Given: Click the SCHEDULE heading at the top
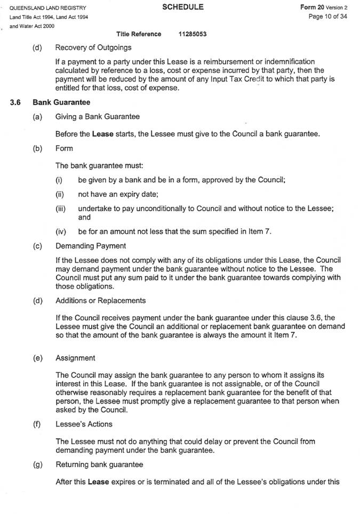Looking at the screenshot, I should [x=183, y=7].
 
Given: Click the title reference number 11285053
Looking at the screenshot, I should [x=193, y=34].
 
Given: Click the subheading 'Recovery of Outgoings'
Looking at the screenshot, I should [x=93, y=47].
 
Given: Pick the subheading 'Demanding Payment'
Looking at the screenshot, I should [x=91, y=246].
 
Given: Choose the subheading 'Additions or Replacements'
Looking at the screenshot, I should [x=100, y=301].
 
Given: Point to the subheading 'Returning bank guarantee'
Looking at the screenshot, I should [x=99, y=465].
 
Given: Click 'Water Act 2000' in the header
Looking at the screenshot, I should [x=33, y=26].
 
